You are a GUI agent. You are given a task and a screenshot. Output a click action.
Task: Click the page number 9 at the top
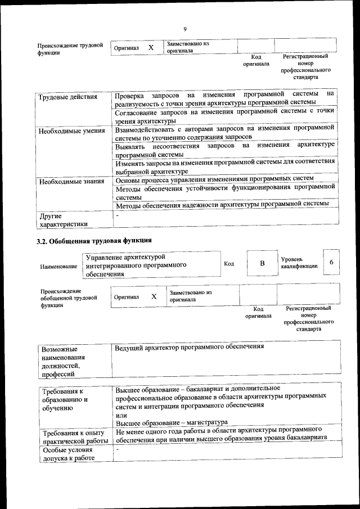tap(184, 29)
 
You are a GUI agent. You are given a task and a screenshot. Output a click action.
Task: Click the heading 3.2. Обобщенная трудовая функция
tap(94, 241)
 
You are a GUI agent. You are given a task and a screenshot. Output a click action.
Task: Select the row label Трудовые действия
tap(67, 97)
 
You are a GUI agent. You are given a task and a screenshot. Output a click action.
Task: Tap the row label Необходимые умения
tap(71, 131)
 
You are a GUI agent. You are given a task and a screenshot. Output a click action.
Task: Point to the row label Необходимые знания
tap(71, 181)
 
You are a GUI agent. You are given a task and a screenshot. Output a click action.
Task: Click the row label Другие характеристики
tap(63, 220)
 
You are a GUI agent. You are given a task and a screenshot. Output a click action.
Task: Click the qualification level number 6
tap(332, 263)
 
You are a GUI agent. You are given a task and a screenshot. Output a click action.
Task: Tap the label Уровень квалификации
tap(299, 263)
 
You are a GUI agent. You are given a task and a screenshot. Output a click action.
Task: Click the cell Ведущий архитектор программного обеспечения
tap(189, 347)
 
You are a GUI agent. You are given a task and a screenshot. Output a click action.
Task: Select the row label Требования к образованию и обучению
tap(65, 399)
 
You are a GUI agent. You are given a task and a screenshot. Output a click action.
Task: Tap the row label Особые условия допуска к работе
tap(67, 454)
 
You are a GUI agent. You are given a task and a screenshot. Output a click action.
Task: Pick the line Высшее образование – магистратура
tap(171, 422)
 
